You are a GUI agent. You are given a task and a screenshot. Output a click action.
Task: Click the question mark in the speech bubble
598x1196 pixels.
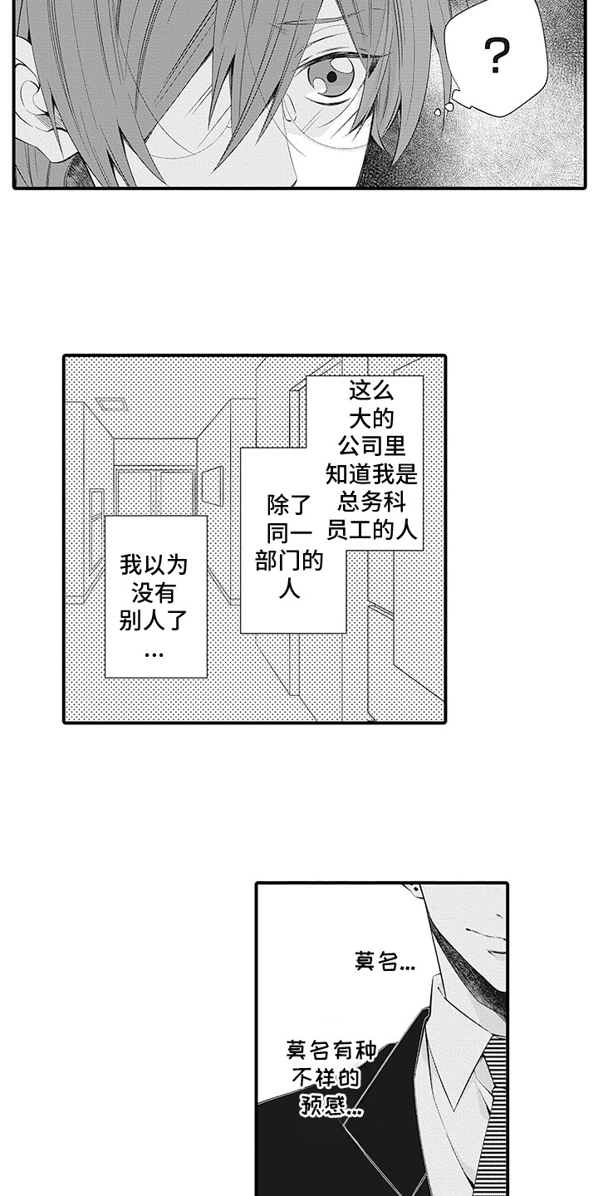(x=496, y=56)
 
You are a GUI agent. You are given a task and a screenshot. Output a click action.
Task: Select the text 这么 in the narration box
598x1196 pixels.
(x=370, y=390)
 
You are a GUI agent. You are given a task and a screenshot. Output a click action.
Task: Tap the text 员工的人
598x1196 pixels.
(x=370, y=529)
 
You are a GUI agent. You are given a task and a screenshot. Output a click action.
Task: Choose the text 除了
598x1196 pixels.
(x=288, y=503)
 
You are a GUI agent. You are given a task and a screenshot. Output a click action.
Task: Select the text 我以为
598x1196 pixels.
(x=154, y=566)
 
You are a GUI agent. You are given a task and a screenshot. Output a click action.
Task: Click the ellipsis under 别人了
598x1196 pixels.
(x=154, y=653)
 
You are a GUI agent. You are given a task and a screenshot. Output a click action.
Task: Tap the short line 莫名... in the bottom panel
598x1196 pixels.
(x=384, y=963)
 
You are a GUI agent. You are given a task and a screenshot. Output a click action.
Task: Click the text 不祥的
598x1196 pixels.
(x=330, y=1078)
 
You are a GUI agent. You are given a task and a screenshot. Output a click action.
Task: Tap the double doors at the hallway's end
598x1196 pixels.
(x=154, y=492)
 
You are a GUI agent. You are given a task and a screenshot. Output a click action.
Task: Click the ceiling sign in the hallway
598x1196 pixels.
(x=110, y=404)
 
